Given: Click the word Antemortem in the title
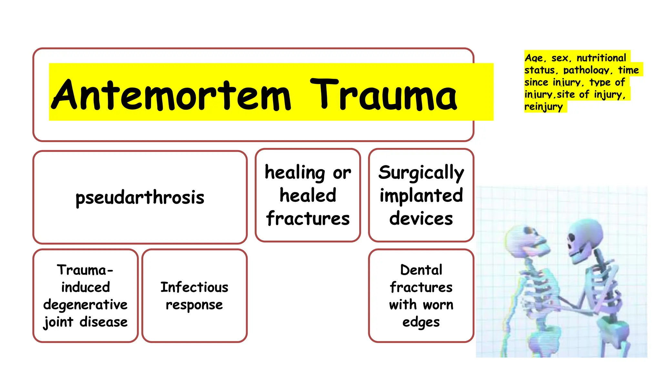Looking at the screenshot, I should [x=171, y=95].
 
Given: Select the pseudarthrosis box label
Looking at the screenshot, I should [x=140, y=197].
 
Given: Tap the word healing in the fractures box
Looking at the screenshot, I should [x=295, y=172].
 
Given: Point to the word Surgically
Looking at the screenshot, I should [x=421, y=172].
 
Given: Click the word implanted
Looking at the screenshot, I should [x=421, y=195].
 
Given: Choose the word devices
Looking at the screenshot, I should [x=421, y=218].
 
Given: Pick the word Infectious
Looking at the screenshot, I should [x=194, y=287].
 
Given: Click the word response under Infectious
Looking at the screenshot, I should [x=194, y=305].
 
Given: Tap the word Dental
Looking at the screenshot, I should [x=421, y=270].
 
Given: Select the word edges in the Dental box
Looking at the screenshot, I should [x=421, y=322].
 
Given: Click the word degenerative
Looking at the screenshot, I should [x=86, y=305].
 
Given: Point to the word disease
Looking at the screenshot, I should [x=104, y=322].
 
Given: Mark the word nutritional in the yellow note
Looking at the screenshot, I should [x=601, y=58].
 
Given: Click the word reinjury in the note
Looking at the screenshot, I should [x=544, y=107].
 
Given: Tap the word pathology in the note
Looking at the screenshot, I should [x=586, y=70].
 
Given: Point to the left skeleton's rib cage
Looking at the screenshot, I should [x=539, y=284].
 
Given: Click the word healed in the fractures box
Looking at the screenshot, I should [x=308, y=195].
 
